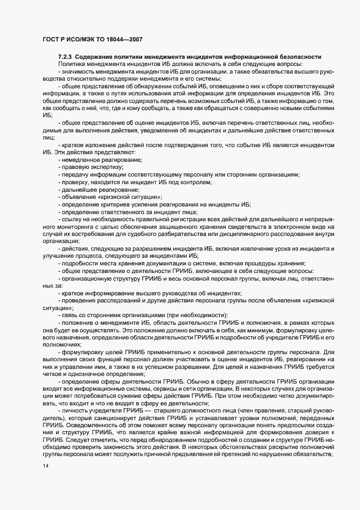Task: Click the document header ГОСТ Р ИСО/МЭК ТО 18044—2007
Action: point(93,40)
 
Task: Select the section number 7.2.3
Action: point(66,57)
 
